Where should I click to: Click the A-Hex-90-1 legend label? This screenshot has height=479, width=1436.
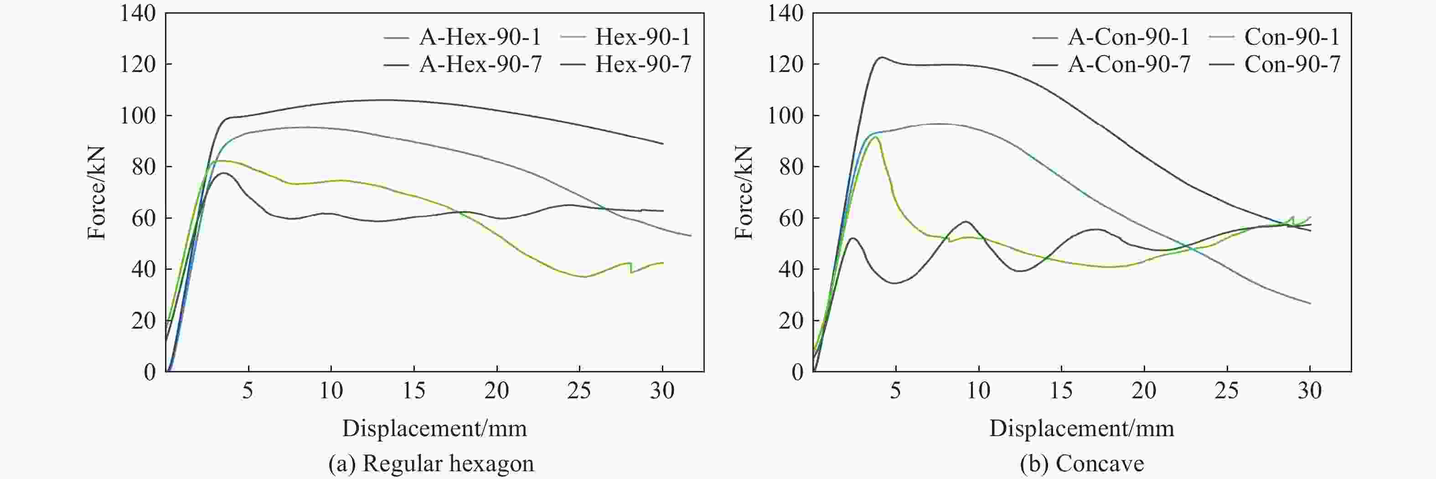tap(480, 37)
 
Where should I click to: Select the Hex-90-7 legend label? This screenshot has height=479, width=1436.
tap(643, 65)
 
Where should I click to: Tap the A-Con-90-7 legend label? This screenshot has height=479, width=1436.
tap(1129, 65)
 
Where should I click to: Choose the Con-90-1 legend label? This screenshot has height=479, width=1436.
tap(1291, 37)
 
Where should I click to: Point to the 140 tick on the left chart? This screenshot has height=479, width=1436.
tap(138, 13)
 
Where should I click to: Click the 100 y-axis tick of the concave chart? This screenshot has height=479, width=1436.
tap(785, 115)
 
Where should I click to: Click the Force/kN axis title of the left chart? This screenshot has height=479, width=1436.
tap(97, 192)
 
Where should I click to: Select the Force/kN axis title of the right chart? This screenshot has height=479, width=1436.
tap(744, 192)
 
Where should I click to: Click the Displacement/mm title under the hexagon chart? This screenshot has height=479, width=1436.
tap(434, 428)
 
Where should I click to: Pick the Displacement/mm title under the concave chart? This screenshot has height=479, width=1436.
tap(1081, 428)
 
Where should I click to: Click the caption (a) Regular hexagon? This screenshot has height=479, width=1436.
tap(431, 464)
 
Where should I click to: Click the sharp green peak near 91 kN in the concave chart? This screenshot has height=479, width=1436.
tap(875, 137)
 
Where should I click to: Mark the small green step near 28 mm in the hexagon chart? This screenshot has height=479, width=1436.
tap(630, 268)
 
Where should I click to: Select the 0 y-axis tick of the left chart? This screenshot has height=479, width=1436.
tap(150, 372)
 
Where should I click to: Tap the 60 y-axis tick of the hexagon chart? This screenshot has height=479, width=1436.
tap(143, 218)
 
